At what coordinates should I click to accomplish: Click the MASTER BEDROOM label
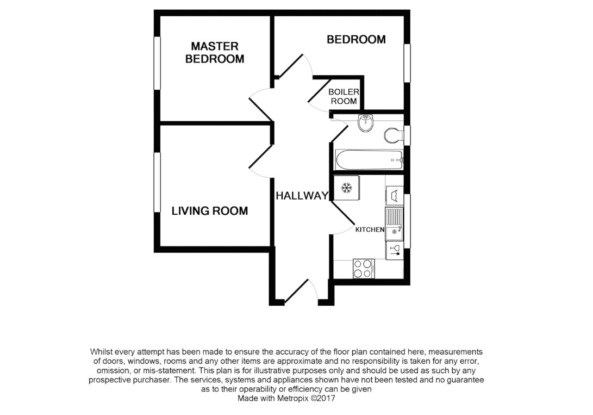click(x=215, y=53)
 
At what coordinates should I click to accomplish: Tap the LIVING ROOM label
click(x=210, y=211)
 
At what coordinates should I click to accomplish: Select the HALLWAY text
click(x=302, y=196)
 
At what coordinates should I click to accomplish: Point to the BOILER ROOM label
click(x=343, y=97)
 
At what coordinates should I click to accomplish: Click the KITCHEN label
click(x=370, y=230)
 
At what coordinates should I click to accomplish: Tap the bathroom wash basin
click(x=365, y=122)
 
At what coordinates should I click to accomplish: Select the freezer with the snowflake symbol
click(x=345, y=189)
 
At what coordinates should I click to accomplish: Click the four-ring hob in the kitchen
click(x=364, y=268)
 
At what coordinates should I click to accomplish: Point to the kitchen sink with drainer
click(x=394, y=223)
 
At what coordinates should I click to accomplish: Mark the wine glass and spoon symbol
click(x=395, y=250)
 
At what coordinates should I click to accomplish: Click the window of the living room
click(x=157, y=183)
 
